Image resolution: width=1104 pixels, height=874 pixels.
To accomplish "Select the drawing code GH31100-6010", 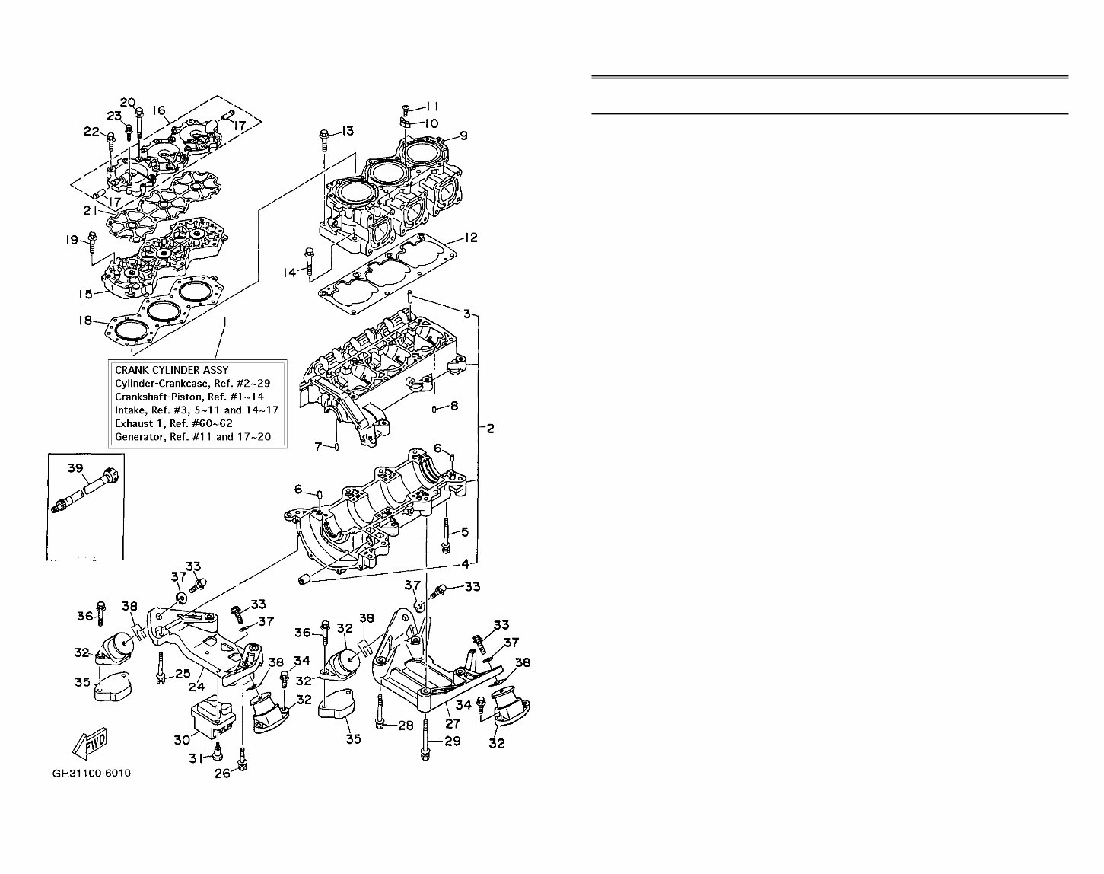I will click(91, 774).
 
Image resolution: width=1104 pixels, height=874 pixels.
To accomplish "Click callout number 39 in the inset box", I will click(75, 469).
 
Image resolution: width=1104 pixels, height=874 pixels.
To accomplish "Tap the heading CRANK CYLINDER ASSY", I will click(171, 369).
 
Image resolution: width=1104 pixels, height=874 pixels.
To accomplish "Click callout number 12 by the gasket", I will click(471, 238).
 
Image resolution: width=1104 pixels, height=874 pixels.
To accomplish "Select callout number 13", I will click(347, 132).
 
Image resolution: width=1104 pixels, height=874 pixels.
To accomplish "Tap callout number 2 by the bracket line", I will click(490, 429).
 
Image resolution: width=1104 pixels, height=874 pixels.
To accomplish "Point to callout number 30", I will click(181, 739).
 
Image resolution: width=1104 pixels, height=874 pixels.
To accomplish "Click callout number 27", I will click(453, 724).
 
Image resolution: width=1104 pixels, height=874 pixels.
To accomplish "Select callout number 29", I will click(453, 741).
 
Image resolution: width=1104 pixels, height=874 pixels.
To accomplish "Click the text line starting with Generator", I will click(192, 437).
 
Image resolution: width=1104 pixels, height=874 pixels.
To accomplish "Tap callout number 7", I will click(319, 446).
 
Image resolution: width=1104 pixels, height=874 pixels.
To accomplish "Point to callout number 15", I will click(86, 295).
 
